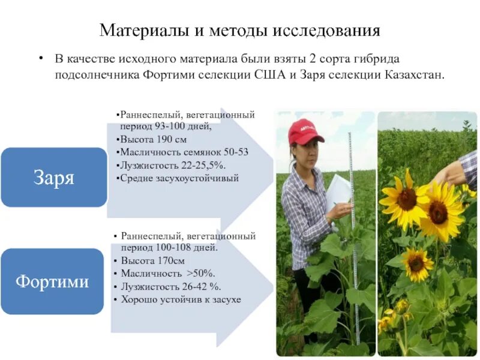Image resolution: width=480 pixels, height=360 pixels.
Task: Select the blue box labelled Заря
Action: [x=53, y=178]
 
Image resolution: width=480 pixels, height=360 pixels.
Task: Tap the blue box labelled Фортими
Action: [x=52, y=281]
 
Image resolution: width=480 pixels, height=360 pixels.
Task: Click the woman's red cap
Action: [x=304, y=132]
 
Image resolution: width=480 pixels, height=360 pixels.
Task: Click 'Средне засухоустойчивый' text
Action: [x=179, y=178]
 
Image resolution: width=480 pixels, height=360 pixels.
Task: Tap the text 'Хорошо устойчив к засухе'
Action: [x=181, y=299]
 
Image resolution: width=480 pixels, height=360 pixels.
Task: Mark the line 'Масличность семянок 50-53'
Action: [x=184, y=152]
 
